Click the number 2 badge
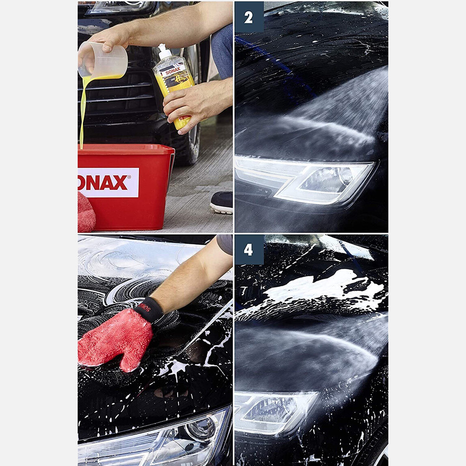248,17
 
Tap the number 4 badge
248,250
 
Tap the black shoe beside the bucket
222,203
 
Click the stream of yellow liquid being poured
83,110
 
